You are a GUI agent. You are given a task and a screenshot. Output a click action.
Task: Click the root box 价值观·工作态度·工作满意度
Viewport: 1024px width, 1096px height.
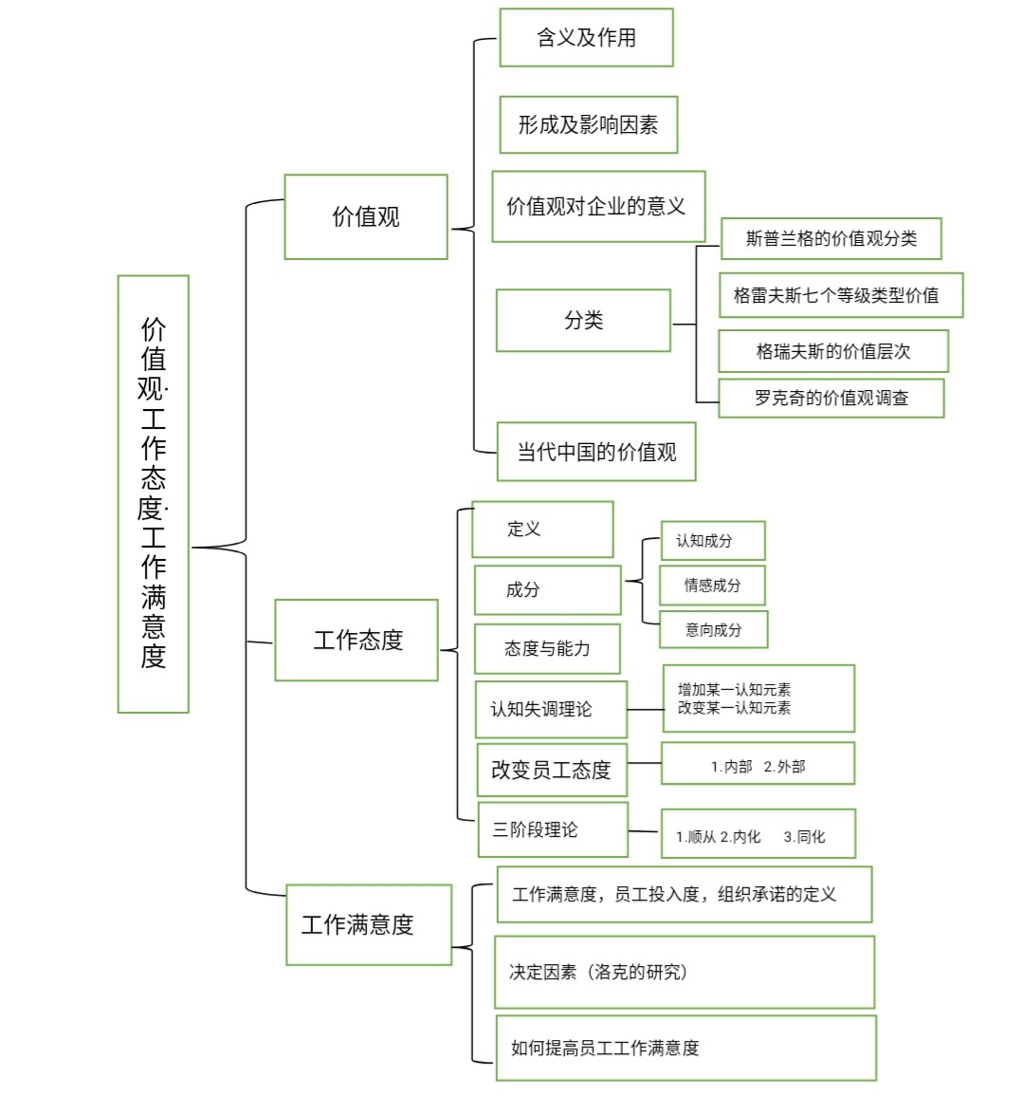[x=153, y=493]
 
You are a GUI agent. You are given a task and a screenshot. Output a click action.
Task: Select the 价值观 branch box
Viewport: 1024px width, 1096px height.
[x=365, y=216]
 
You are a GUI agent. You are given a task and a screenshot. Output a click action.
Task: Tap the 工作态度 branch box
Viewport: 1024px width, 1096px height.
[x=357, y=640]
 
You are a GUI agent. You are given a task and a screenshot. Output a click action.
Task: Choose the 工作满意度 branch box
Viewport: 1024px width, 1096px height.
[x=369, y=924]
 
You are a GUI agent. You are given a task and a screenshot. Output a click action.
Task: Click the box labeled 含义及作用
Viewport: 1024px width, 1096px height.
[x=586, y=38]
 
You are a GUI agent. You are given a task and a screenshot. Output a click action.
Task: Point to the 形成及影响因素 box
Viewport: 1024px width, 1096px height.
[x=588, y=124]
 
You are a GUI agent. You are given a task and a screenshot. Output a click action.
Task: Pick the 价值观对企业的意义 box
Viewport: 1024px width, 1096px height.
[x=598, y=206]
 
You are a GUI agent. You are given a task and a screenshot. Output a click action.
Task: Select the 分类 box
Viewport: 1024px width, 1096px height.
[x=583, y=321]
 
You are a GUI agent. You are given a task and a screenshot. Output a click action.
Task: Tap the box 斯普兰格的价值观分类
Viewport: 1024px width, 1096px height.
[x=831, y=238]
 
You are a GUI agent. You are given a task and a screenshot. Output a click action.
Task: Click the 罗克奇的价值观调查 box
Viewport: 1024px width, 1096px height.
[x=831, y=399]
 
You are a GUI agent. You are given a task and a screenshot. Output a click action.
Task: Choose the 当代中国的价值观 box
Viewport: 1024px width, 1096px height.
[x=596, y=452]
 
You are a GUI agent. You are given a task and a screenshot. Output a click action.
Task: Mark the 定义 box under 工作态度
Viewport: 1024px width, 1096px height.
[x=542, y=529]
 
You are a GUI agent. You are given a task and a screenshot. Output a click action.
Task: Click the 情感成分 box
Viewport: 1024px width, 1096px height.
[x=712, y=585]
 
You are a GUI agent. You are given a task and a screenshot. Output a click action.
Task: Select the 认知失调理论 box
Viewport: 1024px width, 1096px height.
[x=551, y=709]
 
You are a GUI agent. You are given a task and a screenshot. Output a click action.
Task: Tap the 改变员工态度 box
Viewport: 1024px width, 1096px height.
[x=552, y=770]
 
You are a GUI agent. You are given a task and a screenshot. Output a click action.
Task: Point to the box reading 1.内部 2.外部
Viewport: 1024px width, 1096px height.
[x=758, y=764]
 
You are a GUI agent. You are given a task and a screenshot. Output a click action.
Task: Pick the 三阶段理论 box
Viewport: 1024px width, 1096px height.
[x=553, y=829]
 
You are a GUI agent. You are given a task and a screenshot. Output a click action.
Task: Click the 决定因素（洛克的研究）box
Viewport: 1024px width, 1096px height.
[x=684, y=972]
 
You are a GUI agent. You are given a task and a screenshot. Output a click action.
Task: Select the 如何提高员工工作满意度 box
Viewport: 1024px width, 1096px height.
[x=686, y=1048]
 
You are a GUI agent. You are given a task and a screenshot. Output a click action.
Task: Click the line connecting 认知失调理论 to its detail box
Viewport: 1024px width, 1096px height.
[x=645, y=710]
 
